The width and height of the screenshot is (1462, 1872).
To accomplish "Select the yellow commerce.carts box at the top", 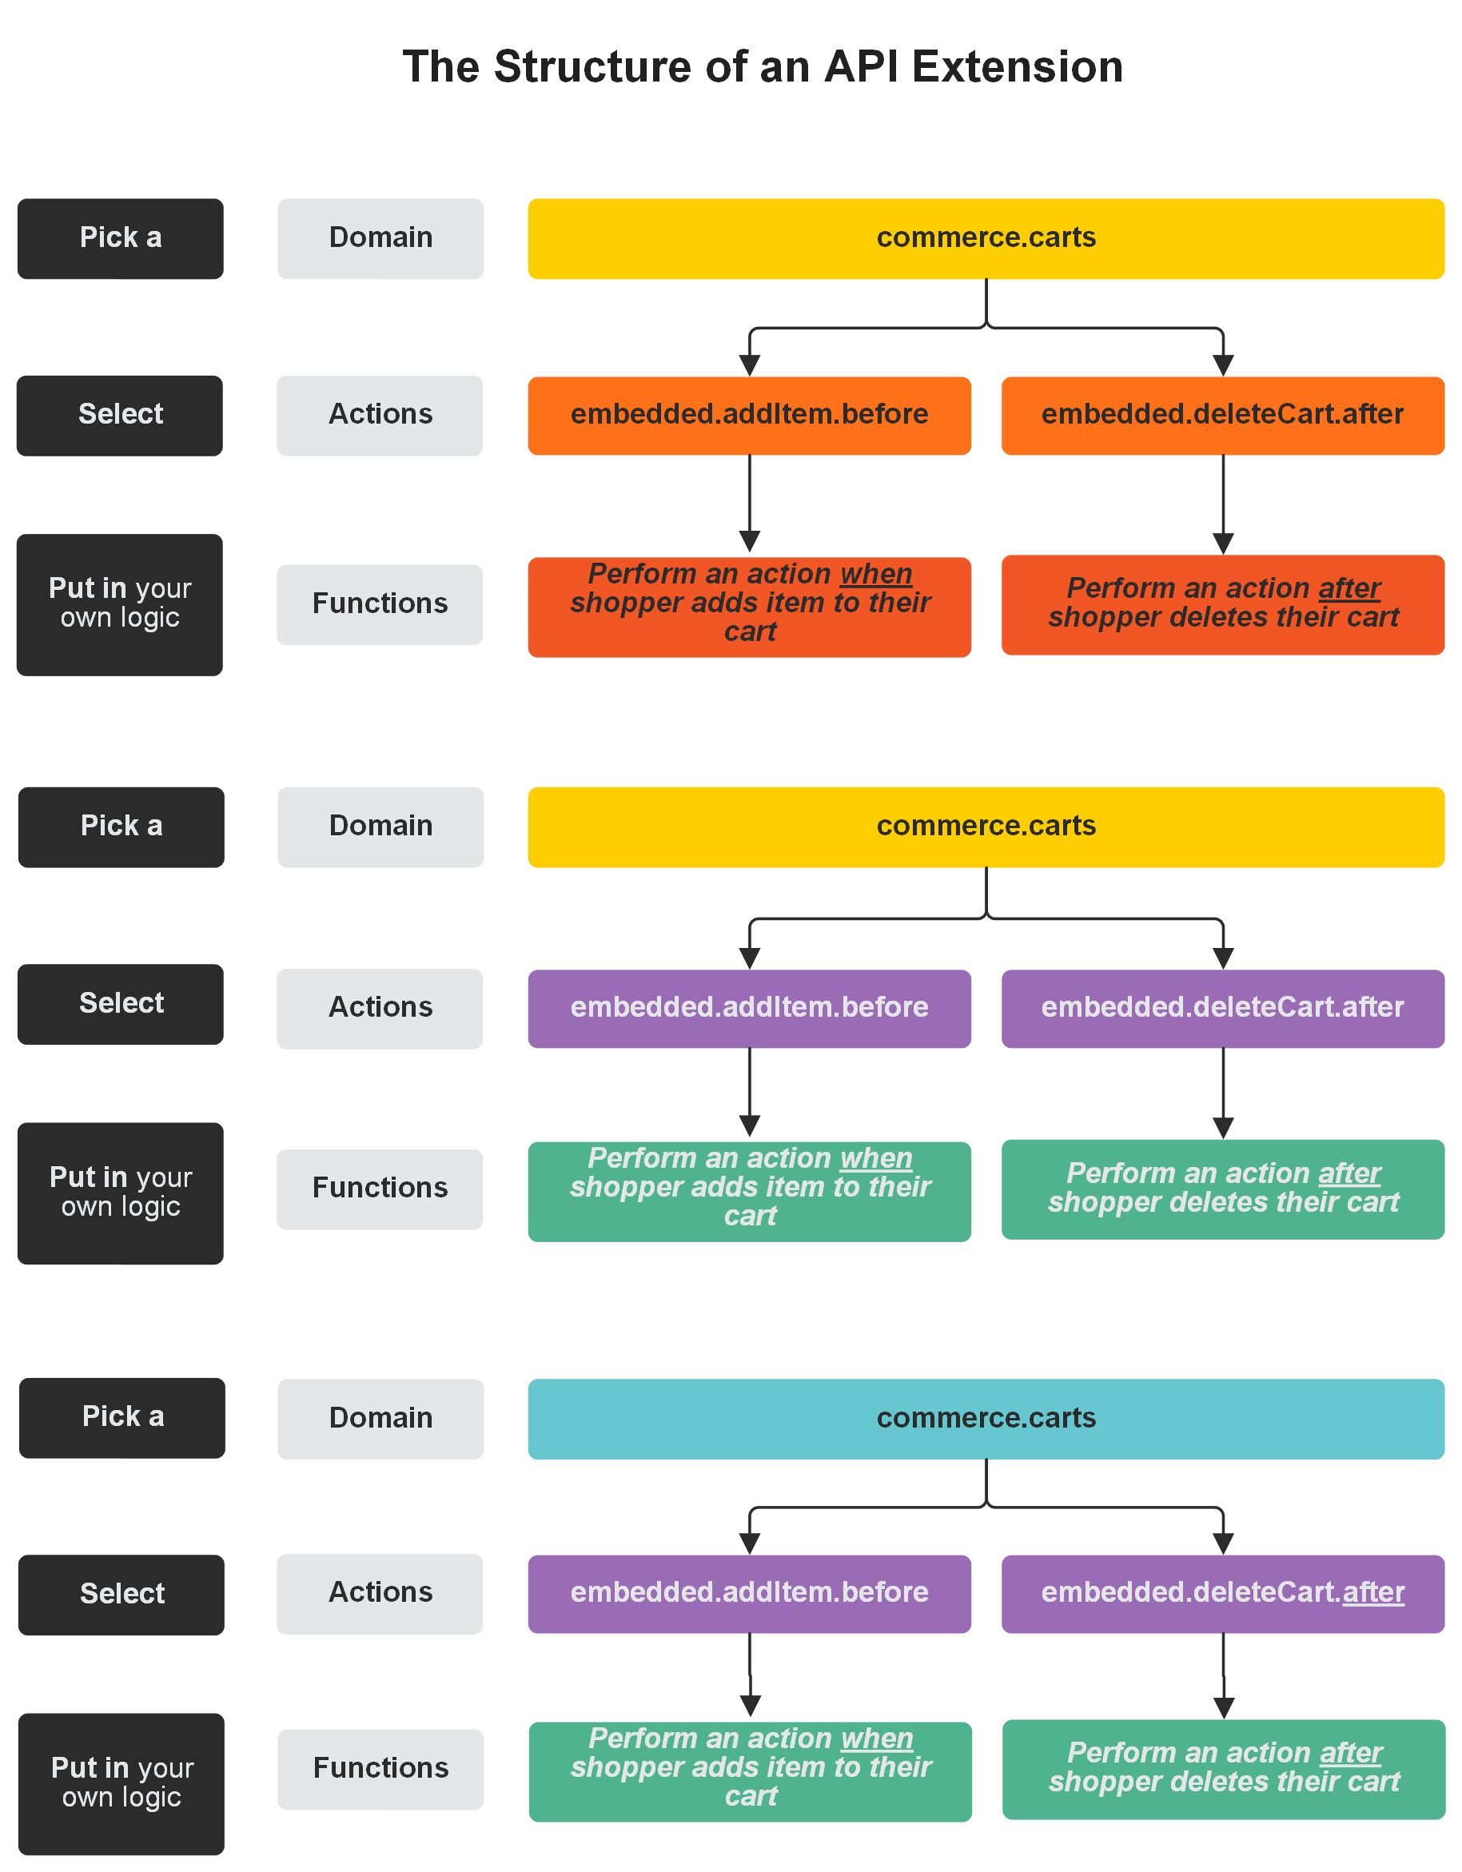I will [986, 238].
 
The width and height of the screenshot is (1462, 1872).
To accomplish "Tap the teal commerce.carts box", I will [986, 1418].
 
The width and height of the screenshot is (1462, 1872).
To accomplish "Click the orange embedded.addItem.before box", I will [749, 415].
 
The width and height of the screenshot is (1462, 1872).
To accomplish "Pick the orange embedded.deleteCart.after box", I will [1222, 415].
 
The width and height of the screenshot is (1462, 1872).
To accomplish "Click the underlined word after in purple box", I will [1373, 1591].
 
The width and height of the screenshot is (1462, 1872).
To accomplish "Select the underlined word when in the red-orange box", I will [876, 573].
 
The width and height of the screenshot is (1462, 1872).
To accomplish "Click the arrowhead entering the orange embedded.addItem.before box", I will [749, 366].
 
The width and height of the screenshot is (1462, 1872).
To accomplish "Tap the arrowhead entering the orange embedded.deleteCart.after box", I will [1223, 366].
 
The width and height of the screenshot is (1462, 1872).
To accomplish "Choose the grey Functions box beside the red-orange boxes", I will [380, 603].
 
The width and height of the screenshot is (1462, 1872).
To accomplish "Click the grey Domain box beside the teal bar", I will [380, 1418].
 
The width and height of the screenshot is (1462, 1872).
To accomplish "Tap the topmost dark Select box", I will [120, 415].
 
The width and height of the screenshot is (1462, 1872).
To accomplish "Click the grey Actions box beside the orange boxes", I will [380, 415].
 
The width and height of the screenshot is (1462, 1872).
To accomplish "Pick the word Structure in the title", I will [592, 67].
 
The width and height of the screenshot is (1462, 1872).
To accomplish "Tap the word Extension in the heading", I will [1017, 67].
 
